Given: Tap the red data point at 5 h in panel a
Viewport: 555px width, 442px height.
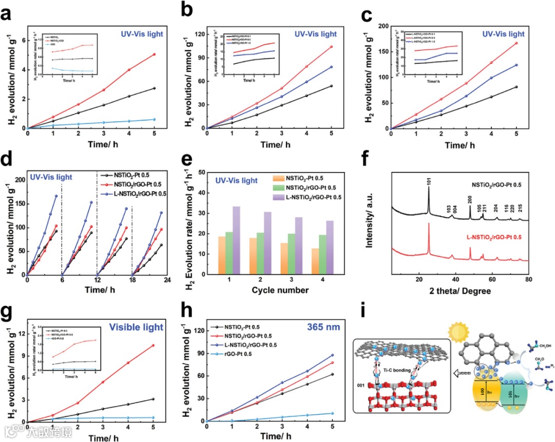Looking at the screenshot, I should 154,54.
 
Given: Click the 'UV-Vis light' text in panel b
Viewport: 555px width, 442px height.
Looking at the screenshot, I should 316,34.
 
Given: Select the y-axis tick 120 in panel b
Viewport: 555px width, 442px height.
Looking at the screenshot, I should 197,34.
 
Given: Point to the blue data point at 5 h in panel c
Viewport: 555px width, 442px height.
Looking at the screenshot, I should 516,65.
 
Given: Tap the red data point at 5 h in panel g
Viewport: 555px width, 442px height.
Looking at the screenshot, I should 154,345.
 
